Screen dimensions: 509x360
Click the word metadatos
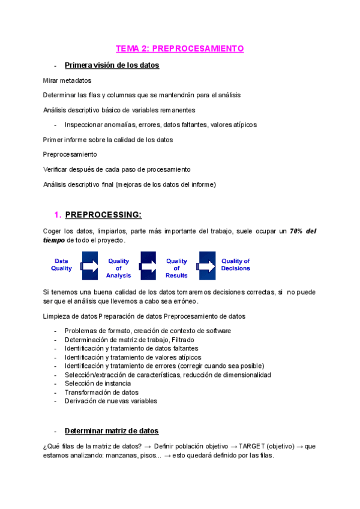tap(76, 80)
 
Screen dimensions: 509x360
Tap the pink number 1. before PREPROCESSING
tap(58, 214)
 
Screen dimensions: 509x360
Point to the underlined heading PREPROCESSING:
tap(103, 214)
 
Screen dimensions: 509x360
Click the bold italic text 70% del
tap(303, 230)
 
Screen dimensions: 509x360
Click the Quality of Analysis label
tap(118, 268)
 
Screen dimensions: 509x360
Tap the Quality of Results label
tap(176, 268)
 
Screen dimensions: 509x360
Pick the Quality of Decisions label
tap(235, 265)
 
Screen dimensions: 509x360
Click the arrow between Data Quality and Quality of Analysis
tap(89, 265)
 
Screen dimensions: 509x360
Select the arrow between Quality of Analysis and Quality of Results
tap(148, 265)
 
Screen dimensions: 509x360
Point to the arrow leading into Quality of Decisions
tap(207, 265)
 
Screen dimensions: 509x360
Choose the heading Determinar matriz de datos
tap(112, 431)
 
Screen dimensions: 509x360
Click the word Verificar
tap(56, 169)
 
